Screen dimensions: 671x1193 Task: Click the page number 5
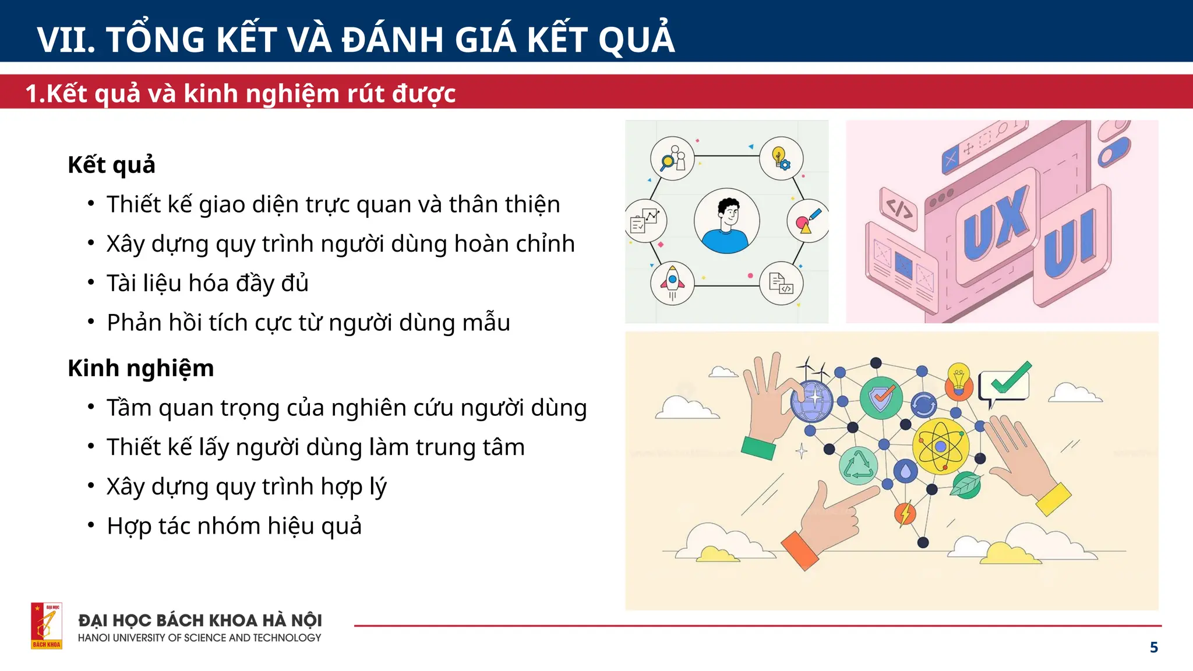coord(1153,647)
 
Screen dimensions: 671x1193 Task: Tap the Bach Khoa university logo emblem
coord(47,626)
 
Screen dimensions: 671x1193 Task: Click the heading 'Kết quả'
coord(111,165)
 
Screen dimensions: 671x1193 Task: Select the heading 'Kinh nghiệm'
coord(140,368)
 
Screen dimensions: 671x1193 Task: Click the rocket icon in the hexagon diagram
coord(672,282)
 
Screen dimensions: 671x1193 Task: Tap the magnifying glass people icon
coord(672,158)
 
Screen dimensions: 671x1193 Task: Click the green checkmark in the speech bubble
coord(1011,379)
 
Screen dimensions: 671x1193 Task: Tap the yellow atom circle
coord(940,446)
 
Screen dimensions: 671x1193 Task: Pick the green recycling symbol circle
coord(858,466)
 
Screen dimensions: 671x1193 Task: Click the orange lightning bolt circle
coord(905,514)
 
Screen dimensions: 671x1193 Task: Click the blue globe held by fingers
coord(812,401)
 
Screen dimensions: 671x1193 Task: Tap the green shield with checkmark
coord(881,397)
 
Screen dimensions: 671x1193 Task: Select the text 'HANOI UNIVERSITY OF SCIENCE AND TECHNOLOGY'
coord(199,638)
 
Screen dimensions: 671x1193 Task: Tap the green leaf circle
coord(967,485)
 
